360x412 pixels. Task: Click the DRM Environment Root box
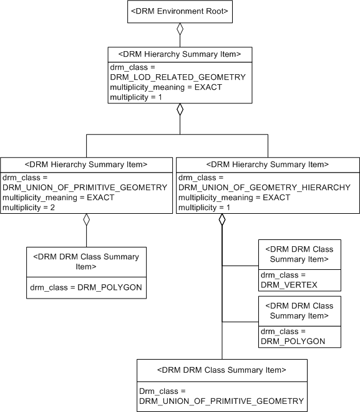(x=180, y=12)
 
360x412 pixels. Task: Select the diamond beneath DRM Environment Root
(x=180, y=29)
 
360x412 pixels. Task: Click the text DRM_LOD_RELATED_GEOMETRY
(x=177, y=77)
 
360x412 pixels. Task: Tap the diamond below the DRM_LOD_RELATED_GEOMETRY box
(x=180, y=110)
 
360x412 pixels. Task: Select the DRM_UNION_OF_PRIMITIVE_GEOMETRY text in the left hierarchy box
(x=85, y=187)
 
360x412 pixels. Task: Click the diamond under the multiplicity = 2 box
(x=86, y=219)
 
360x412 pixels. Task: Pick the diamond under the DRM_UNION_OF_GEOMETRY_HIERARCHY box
(x=222, y=219)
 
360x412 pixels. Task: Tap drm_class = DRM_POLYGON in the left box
(x=85, y=287)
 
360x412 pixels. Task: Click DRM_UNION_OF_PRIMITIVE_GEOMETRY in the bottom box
(x=221, y=401)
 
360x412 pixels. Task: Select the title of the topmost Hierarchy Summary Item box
(x=180, y=54)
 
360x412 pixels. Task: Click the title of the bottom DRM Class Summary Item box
(x=221, y=370)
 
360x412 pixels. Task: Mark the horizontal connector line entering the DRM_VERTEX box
(x=240, y=266)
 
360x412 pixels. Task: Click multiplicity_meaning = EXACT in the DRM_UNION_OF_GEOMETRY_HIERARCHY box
(x=234, y=197)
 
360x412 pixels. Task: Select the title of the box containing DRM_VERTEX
(x=299, y=254)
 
